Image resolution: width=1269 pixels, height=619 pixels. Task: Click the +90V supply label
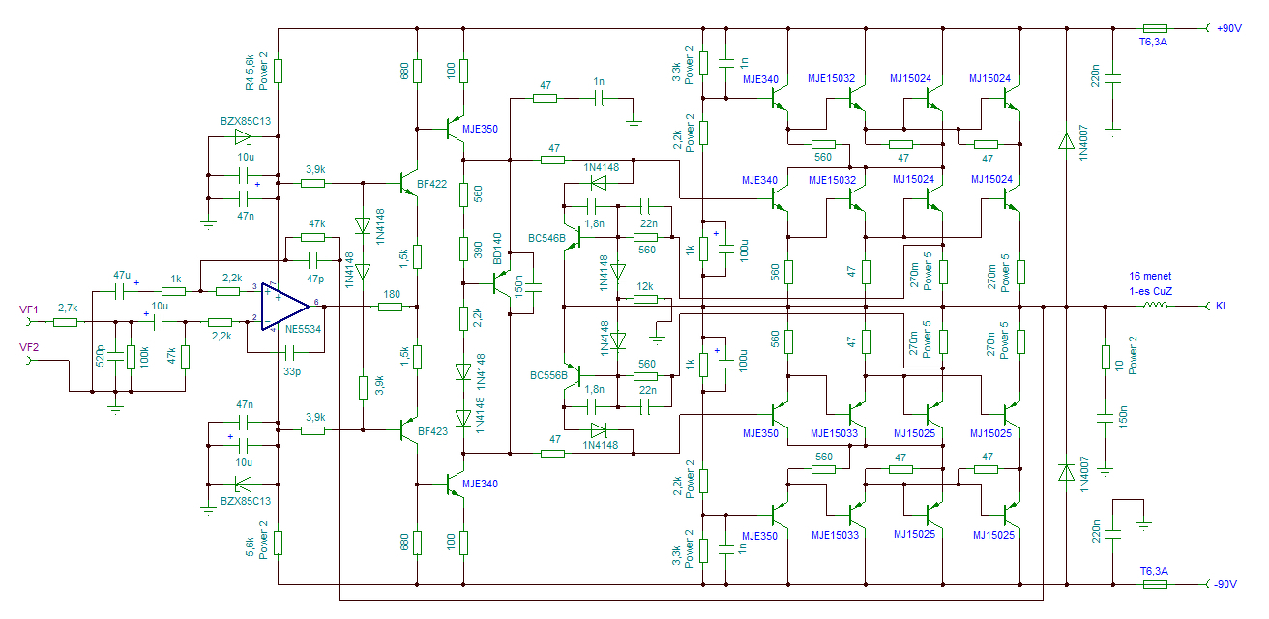click(x=1228, y=28)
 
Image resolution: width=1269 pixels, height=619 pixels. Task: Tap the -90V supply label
click(x=1225, y=584)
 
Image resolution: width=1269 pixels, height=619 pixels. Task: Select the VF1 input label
click(x=29, y=309)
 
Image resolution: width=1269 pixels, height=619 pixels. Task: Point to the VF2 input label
click(x=29, y=347)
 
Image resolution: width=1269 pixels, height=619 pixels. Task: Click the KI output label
click(x=1221, y=306)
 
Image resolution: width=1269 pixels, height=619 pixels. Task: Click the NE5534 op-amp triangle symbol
click(x=284, y=307)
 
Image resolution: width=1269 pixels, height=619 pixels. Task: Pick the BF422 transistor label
click(x=431, y=184)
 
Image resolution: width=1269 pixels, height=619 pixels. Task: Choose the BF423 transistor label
click(x=432, y=431)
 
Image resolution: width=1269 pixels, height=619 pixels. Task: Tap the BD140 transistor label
click(x=497, y=248)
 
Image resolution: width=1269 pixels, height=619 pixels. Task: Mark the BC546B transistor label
click(x=546, y=239)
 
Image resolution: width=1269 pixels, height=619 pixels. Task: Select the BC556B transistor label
click(x=548, y=375)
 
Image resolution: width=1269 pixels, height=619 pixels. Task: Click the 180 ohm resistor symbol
click(x=390, y=307)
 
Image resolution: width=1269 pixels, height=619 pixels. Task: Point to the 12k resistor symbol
click(x=645, y=299)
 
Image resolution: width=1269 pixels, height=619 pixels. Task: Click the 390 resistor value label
click(x=478, y=250)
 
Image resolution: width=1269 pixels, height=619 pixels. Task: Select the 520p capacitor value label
click(x=101, y=356)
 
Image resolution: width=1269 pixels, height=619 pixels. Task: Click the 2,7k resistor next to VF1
click(x=65, y=322)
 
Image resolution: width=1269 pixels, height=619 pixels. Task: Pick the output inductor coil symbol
click(x=1156, y=306)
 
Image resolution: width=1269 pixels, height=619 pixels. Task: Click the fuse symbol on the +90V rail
click(x=1155, y=28)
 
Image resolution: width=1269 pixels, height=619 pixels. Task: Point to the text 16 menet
click(x=1150, y=276)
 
